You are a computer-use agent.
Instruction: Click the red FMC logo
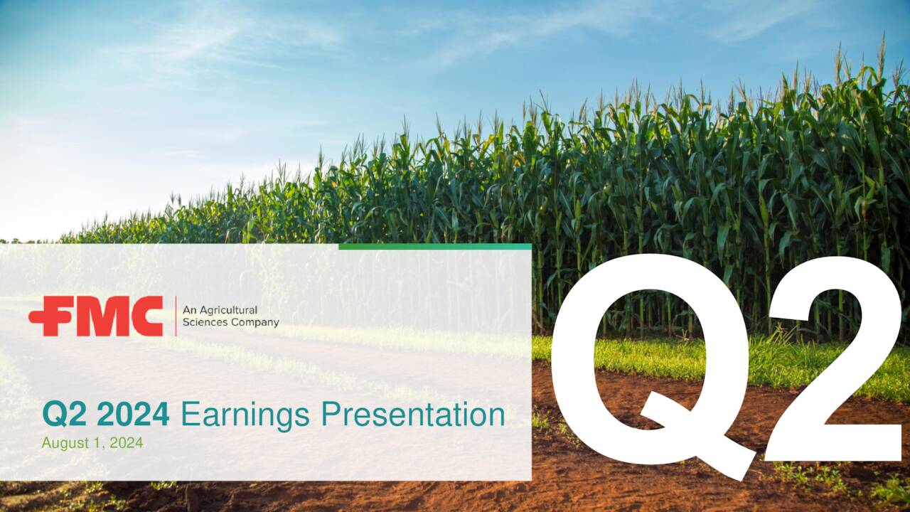pos(96,316)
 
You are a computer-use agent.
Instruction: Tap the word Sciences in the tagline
pos(203,322)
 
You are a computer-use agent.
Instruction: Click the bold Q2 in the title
pos(65,415)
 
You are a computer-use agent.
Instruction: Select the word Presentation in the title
pos(413,415)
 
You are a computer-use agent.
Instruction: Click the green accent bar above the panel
pos(435,247)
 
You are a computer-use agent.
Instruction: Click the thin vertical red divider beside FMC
pos(176,316)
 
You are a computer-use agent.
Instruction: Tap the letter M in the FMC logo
pos(103,316)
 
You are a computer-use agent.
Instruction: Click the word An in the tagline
pos(188,311)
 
